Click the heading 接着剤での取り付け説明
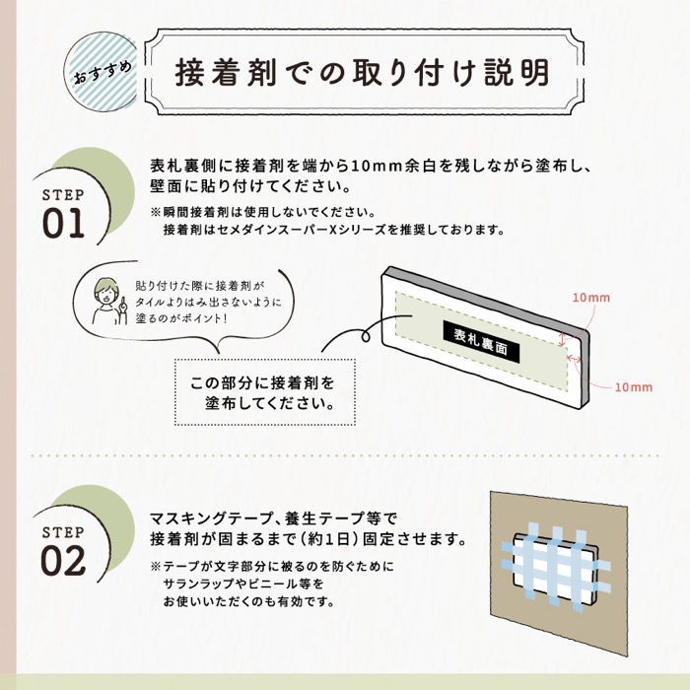click(362, 71)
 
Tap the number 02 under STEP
click(64, 559)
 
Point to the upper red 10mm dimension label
click(590, 297)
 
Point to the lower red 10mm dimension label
click(632, 387)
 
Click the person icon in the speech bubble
click(103, 302)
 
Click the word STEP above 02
click(64, 531)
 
